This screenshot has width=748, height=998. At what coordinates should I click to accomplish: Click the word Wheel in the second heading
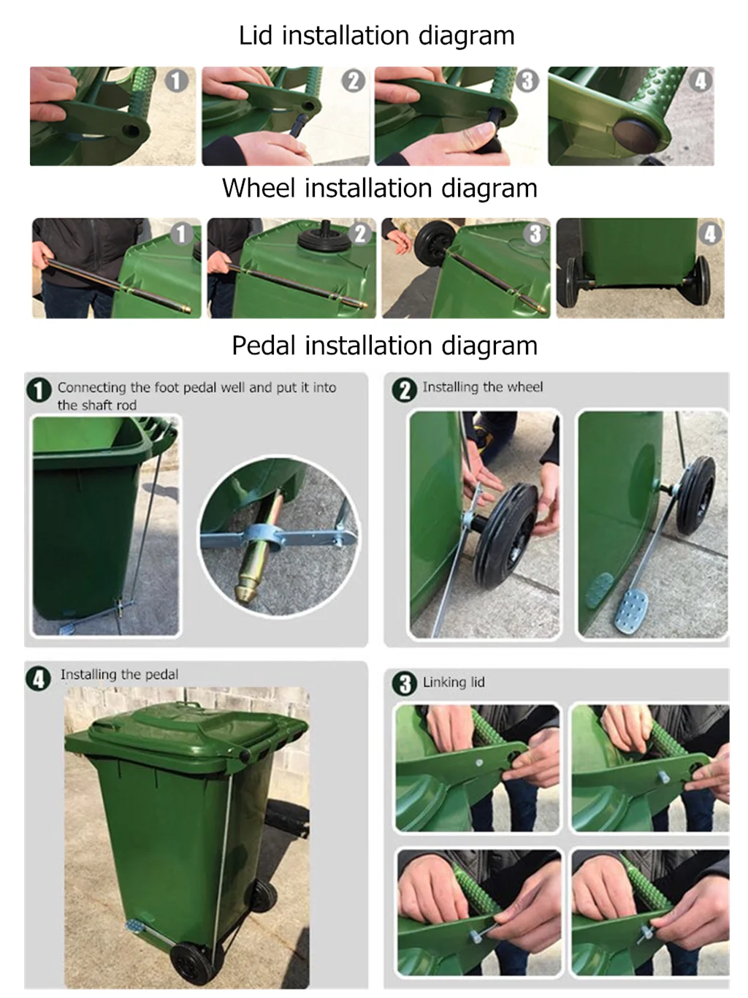coord(259,188)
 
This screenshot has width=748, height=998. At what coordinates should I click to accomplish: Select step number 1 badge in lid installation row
coord(176,81)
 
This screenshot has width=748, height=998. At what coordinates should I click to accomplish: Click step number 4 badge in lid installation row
coord(701,81)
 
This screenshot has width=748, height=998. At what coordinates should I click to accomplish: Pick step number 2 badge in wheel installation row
coord(360,234)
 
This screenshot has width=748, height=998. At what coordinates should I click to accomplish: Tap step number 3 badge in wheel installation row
coord(535,234)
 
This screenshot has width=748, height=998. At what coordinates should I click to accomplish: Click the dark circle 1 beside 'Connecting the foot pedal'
coord(39,390)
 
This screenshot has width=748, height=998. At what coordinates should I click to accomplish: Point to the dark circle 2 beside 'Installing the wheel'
coord(405,389)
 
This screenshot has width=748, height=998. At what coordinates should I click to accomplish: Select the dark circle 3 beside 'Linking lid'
coord(405,684)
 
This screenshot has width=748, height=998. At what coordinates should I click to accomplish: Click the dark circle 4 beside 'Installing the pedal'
coord(39,679)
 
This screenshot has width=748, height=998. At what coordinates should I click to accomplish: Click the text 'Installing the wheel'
coord(483,387)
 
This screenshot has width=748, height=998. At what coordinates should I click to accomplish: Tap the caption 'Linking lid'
coord(454,682)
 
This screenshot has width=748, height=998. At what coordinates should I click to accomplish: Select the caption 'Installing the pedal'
coord(120,675)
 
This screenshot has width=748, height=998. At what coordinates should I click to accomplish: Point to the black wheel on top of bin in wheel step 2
coord(324,237)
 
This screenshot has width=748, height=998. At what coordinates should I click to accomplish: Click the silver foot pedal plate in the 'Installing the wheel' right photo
coord(630,610)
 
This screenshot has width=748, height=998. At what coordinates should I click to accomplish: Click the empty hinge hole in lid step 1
coord(131,132)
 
